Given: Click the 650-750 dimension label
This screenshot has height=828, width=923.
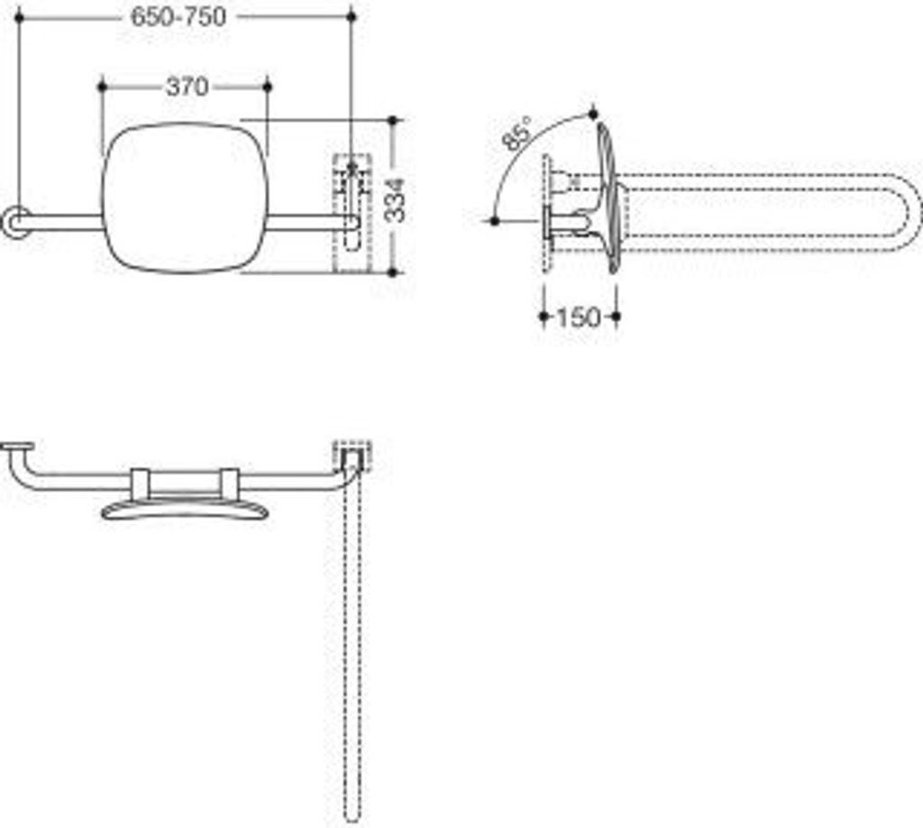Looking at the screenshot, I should [178, 16].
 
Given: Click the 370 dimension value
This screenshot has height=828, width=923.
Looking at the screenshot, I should [187, 87].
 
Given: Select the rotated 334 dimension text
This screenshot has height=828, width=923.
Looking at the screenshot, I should [395, 199].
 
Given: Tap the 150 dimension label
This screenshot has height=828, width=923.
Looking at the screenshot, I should [578, 317].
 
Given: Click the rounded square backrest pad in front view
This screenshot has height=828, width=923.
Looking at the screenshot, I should [185, 198].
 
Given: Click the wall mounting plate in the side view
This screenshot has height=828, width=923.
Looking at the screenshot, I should [546, 212].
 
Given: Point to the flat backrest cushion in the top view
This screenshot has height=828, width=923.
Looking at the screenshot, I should [185, 511].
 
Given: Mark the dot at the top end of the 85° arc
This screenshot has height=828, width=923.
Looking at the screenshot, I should [593, 112].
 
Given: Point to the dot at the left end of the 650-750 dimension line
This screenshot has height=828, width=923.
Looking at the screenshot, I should [18, 17].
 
